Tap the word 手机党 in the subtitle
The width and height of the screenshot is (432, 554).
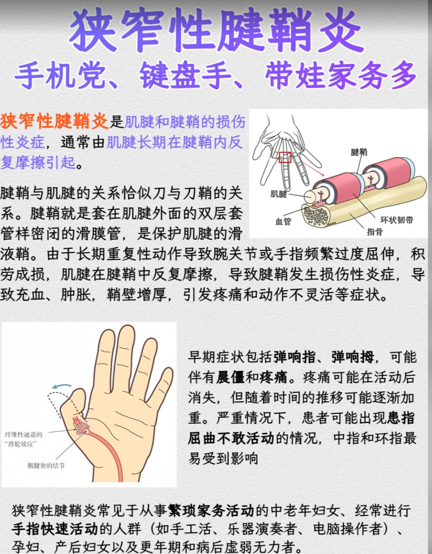point(60,76)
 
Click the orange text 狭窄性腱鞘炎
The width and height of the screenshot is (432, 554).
point(54,121)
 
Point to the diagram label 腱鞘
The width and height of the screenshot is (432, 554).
point(358,152)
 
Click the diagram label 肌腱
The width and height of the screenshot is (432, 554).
point(278,194)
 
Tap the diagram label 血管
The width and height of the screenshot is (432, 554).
point(283,221)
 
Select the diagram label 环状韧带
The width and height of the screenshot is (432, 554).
point(397,220)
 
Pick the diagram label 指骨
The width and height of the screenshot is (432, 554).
point(375,232)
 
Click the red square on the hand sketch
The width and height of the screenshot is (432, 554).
point(285,157)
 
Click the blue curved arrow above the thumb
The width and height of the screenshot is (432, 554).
point(62,386)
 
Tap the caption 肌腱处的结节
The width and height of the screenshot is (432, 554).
point(46,465)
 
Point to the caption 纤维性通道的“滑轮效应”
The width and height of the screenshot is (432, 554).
point(23,439)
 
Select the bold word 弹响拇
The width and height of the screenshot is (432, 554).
point(352,357)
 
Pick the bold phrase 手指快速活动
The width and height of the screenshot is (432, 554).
point(55,529)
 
